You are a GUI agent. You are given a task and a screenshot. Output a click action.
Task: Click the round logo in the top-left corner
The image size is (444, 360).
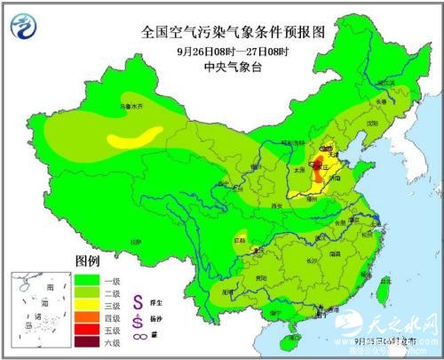tap(27, 27)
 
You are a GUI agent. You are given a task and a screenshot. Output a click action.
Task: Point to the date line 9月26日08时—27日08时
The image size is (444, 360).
tap(234, 50)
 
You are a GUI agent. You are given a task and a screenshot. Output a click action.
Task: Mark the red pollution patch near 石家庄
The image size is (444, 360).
tap(318, 163)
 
